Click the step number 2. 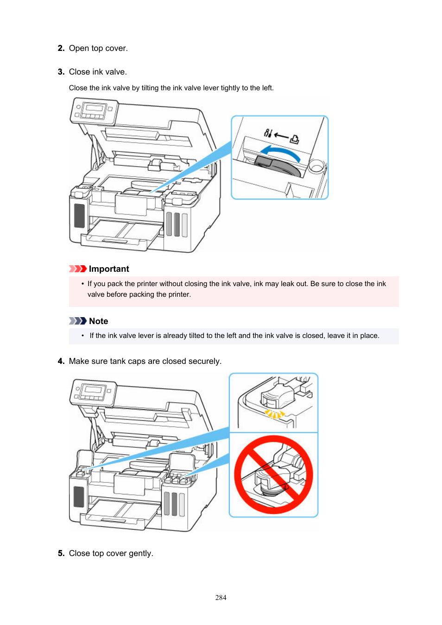click(x=61, y=48)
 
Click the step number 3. click(x=61, y=72)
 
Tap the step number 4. click(x=61, y=361)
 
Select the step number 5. click(x=61, y=553)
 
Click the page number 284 click(x=221, y=598)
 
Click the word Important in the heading click(x=109, y=269)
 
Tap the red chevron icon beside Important click(x=77, y=269)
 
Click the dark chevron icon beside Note click(x=77, y=321)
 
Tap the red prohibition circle click(x=273, y=475)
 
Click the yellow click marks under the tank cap click(x=274, y=414)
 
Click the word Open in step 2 click(x=79, y=48)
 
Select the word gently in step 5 click(x=140, y=553)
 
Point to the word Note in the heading click(x=99, y=321)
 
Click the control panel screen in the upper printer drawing click(x=94, y=109)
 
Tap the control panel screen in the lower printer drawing click(x=93, y=390)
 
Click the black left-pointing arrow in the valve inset click(x=281, y=135)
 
